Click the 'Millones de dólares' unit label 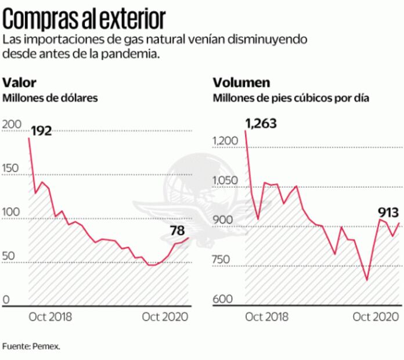click(x=50, y=98)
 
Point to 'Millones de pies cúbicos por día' click(x=291, y=98)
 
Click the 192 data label click(x=42, y=131)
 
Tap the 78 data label click(x=177, y=231)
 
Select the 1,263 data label click(x=261, y=123)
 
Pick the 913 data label click(x=385, y=213)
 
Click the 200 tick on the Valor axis click(x=12, y=124)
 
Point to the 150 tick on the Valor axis click(x=11, y=168)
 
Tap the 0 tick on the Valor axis click(x=7, y=300)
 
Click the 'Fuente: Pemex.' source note click(x=32, y=346)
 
